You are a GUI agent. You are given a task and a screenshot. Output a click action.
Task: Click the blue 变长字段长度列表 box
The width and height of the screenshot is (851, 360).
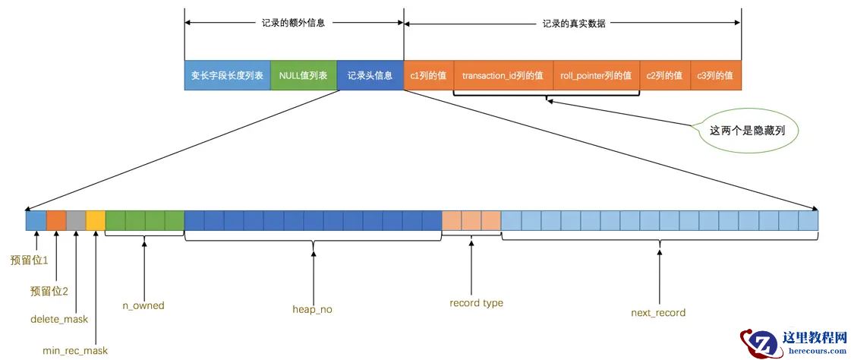tap(227, 76)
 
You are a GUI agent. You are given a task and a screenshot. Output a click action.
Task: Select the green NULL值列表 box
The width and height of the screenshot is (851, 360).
tap(303, 76)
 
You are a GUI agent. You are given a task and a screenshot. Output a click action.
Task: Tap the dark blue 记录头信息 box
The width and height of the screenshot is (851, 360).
tap(370, 76)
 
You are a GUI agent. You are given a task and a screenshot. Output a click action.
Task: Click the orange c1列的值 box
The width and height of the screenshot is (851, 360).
tap(428, 76)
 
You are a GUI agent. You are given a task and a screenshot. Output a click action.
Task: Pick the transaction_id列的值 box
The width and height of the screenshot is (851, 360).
tap(503, 76)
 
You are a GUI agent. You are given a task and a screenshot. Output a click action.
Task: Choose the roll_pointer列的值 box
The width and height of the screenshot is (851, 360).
tap(596, 76)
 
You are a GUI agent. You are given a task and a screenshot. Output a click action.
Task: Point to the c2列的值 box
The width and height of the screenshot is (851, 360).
tap(664, 76)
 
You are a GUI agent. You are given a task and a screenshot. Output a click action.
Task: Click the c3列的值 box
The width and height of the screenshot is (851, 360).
tap(715, 76)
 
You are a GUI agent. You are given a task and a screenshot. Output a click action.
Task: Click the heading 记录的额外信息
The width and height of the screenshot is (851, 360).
tap(293, 24)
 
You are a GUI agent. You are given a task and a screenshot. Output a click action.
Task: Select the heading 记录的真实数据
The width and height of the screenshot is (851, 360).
tap(574, 24)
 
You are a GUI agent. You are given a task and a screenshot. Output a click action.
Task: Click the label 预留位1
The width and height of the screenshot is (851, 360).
tap(30, 261)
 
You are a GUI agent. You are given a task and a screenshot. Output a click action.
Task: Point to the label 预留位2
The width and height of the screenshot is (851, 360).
tap(49, 291)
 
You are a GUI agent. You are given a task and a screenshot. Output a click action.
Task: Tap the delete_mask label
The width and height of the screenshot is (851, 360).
tap(59, 319)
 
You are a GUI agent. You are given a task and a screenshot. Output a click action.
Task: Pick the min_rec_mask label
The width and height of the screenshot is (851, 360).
tap(75, 350)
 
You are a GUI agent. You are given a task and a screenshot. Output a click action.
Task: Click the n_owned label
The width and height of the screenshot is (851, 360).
tap(143, 305)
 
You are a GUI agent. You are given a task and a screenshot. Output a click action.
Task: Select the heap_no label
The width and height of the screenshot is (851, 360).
tap(312, 309)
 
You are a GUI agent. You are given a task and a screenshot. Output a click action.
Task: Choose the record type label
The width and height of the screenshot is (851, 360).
tap(476, 303)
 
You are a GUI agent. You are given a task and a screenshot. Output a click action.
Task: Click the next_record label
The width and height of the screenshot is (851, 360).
tap(658, 312)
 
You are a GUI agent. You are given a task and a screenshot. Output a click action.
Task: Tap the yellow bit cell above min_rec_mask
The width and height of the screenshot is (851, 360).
tap(96, 220)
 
